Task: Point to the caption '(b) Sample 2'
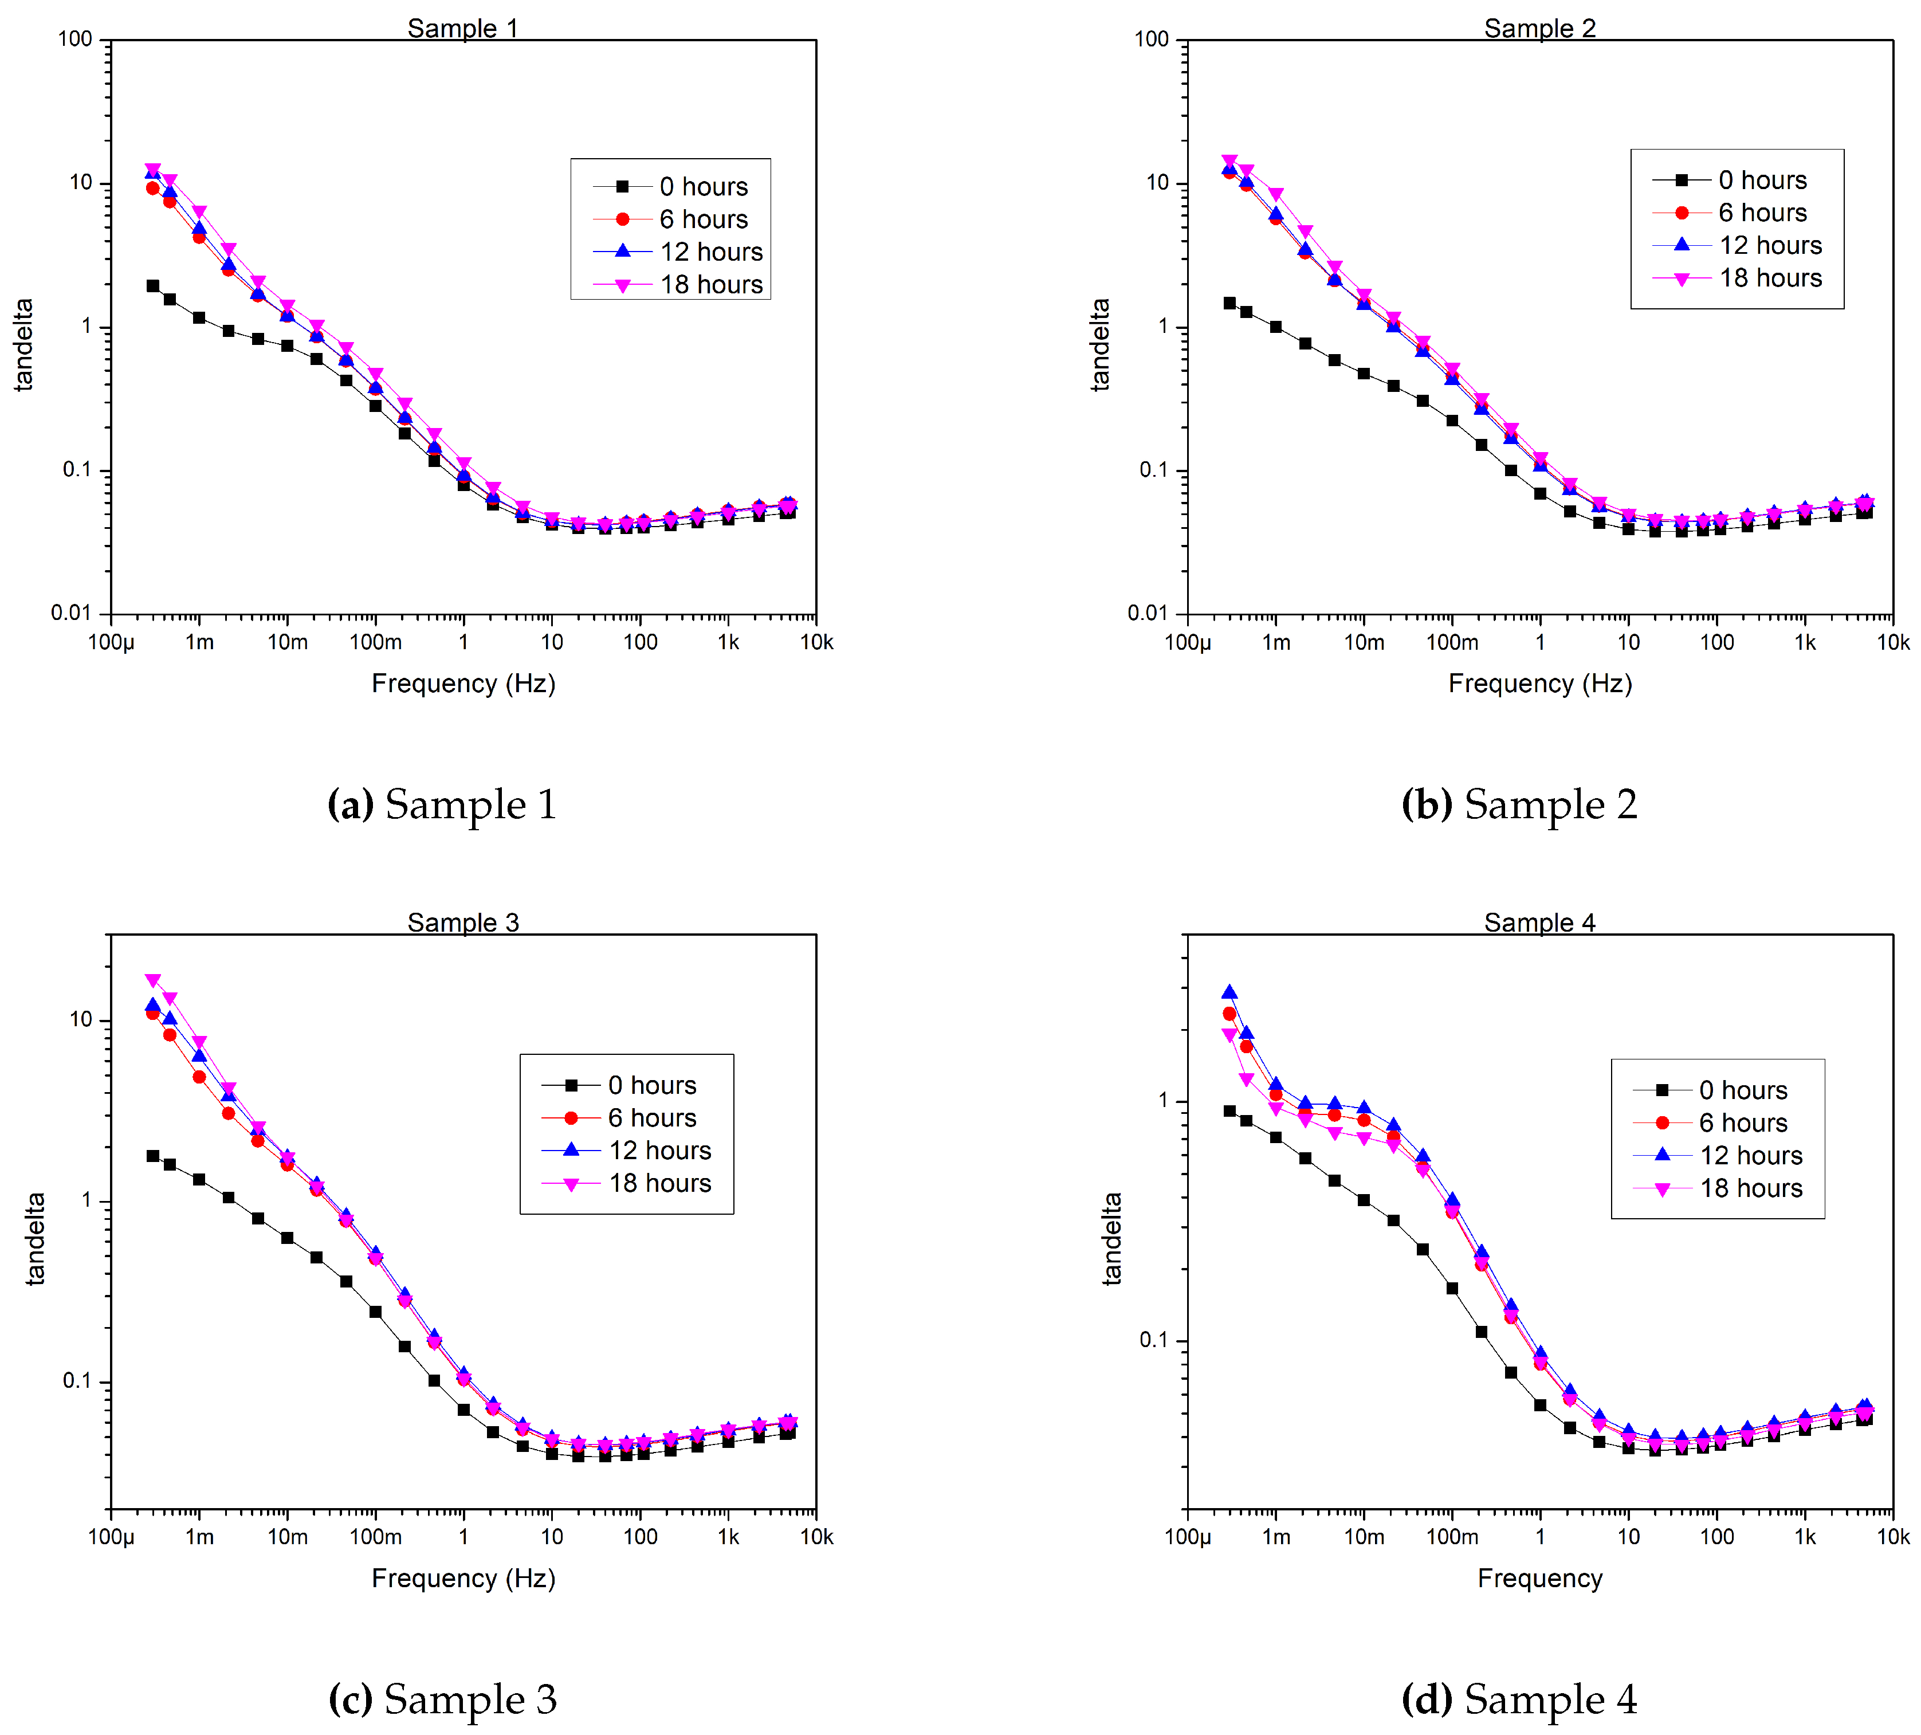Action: click(x=1519, y=805)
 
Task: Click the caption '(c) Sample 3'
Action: click(x=442, y=1699)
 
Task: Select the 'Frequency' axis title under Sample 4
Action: click(x=1540, y=1579)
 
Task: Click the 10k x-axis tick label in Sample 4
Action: click(x=1892, y=1537)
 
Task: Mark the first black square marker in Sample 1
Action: click(x=152, y=286)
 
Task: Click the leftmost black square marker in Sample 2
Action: click(x=1229, y=303)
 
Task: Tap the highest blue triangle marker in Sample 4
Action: click(x=1229, y=992)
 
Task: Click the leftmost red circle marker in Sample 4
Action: click(x=1229, y=1014)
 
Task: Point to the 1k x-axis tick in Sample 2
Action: click(x=1805, y=642)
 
